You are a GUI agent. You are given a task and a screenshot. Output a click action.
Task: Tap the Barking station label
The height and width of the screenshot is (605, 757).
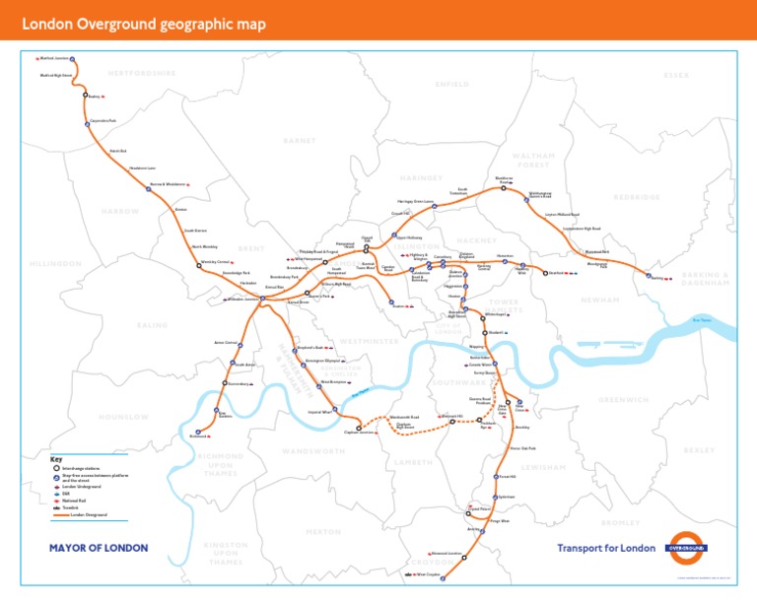tap(656, 278)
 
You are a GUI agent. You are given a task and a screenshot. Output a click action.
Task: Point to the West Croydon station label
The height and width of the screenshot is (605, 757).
tap(428, 573)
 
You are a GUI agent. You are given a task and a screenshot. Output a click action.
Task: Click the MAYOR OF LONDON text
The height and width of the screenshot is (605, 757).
tap(99, 548)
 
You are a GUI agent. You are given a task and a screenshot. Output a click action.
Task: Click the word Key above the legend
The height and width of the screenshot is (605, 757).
tap(56, 459)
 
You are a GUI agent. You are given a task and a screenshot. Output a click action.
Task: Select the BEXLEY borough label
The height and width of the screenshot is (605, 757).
tap(699, 449)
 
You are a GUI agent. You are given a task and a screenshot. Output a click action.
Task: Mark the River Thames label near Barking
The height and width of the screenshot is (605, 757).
tap(701, 318)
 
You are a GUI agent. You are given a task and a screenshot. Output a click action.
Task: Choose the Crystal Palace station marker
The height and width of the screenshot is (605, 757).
tap(468, 513)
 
